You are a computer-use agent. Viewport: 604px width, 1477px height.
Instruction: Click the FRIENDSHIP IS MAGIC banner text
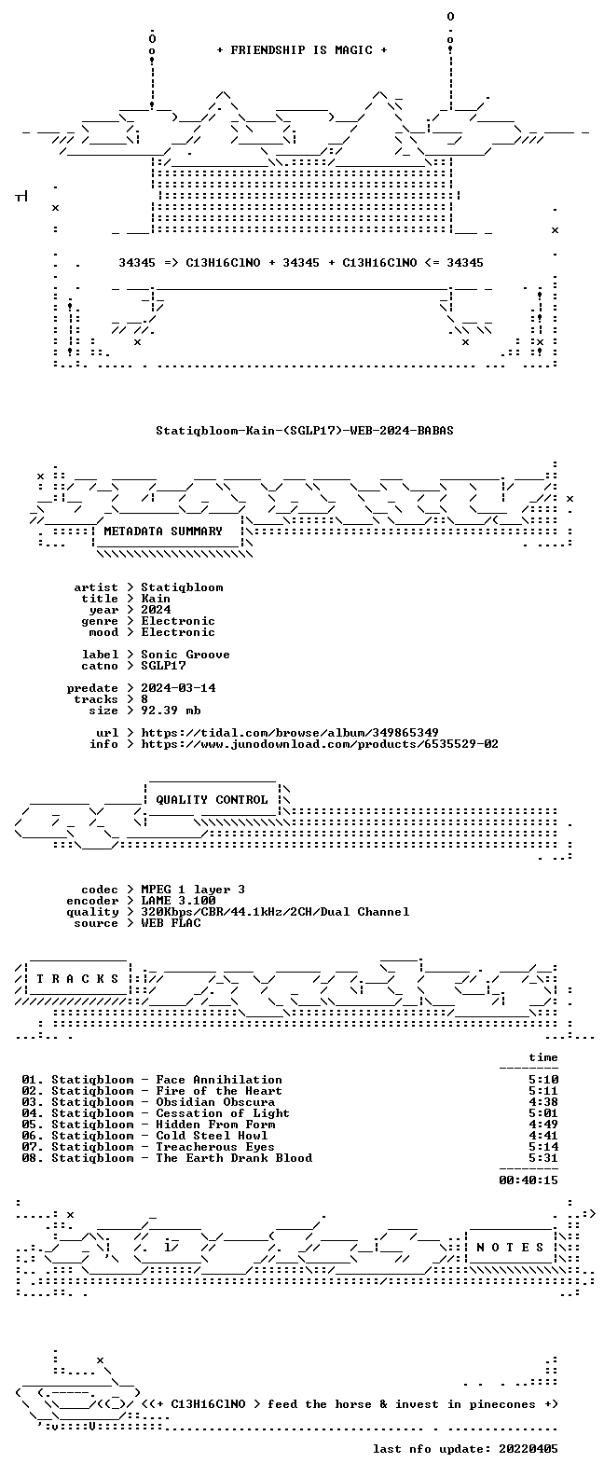(x=302, y=50)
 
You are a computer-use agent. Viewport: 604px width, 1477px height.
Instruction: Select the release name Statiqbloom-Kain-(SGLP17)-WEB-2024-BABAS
(x=305, y=431)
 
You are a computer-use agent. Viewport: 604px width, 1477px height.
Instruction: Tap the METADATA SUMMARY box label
(x=163, y=531)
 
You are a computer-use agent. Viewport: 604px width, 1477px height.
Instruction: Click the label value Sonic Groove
(x=185, y=654)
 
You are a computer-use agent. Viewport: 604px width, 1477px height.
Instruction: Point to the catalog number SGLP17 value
(x=163, y=666)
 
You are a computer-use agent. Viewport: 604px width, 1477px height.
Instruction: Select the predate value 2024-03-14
(x=178, y=688)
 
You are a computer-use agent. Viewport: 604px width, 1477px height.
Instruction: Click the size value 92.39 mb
(x=171, y=711)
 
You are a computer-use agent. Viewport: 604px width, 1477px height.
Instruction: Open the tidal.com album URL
(x=290, y=733)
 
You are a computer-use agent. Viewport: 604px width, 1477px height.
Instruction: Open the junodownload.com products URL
(x=320, y=744)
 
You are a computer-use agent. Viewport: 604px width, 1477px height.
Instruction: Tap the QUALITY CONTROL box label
(x=212, y=800)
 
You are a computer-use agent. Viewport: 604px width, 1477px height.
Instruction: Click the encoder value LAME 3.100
(x=178, y=901)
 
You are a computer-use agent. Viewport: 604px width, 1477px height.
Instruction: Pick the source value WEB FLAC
(x=171, y=923)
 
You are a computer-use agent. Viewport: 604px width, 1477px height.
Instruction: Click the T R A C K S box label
(x=77, y=979)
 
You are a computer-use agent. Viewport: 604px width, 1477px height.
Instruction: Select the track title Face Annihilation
(x=219, y=1080)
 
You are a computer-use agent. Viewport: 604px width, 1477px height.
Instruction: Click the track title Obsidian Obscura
(x=215, y=1102)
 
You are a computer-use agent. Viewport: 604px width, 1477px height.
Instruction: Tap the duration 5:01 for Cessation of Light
(x=543, y=1113)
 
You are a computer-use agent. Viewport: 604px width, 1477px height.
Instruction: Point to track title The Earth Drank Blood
(x=234, y=1158)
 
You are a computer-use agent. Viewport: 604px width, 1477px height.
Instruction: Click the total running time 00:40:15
(x=528, y=1180)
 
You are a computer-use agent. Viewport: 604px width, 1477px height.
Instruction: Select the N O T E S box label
(x=510, y=1248)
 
